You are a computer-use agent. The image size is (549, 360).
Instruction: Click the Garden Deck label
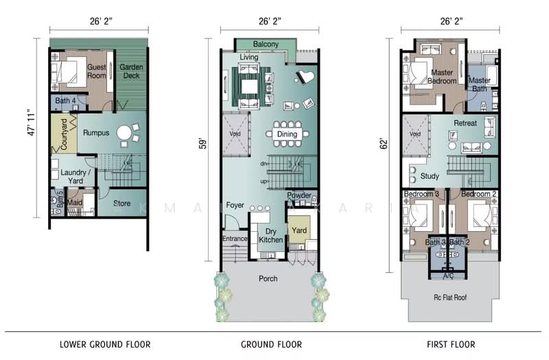pyautogui.click(x=131, y=71)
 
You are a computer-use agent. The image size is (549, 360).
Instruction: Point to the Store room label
pyautogui.click(x=121, y=203)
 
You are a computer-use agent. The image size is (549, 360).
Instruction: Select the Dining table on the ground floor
pyautogui.click(x=287, y=134)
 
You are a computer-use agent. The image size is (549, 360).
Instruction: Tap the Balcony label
pyautogui.click(x=265, y=45)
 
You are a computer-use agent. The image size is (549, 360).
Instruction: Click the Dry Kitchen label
pyautogui.click(x=268, y=236)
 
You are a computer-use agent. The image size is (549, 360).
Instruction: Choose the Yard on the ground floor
pyautogui.click(x=299, y=230)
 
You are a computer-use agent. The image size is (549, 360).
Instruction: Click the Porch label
pyautogui.click(x=268, y=279)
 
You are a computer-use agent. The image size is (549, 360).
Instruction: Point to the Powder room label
pyautogui.click(x=299, y=195)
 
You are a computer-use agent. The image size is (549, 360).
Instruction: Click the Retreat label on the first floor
pyautogui.click(x=465, y=123)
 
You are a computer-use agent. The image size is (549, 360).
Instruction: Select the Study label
pyautogui.click(x=430, y=176)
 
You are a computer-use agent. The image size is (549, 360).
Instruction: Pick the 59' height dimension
pyautogui.click(x=203, y=145)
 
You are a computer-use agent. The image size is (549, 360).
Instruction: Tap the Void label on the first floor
pyautogui.click(x=414, y=134)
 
